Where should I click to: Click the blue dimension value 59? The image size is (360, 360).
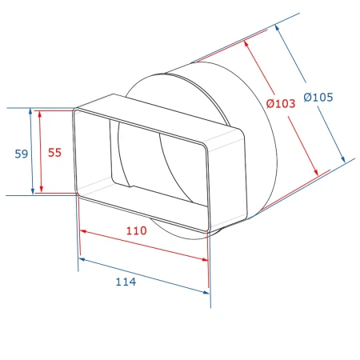coord(22,154)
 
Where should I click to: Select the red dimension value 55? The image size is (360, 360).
coord(54,153)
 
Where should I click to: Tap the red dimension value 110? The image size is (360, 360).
coord(136,230)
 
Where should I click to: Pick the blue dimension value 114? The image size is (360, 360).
coord(126,282)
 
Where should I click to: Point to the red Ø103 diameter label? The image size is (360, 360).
coord(281,103)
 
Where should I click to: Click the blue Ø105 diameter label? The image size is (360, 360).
coord(318,97)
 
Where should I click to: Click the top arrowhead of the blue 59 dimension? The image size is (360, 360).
coord(30,111)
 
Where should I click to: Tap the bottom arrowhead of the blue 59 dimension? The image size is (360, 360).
coord(33,191)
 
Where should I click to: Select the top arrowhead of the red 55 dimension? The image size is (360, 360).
coord(40,114)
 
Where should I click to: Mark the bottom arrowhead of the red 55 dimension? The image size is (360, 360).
coord(41,189)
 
